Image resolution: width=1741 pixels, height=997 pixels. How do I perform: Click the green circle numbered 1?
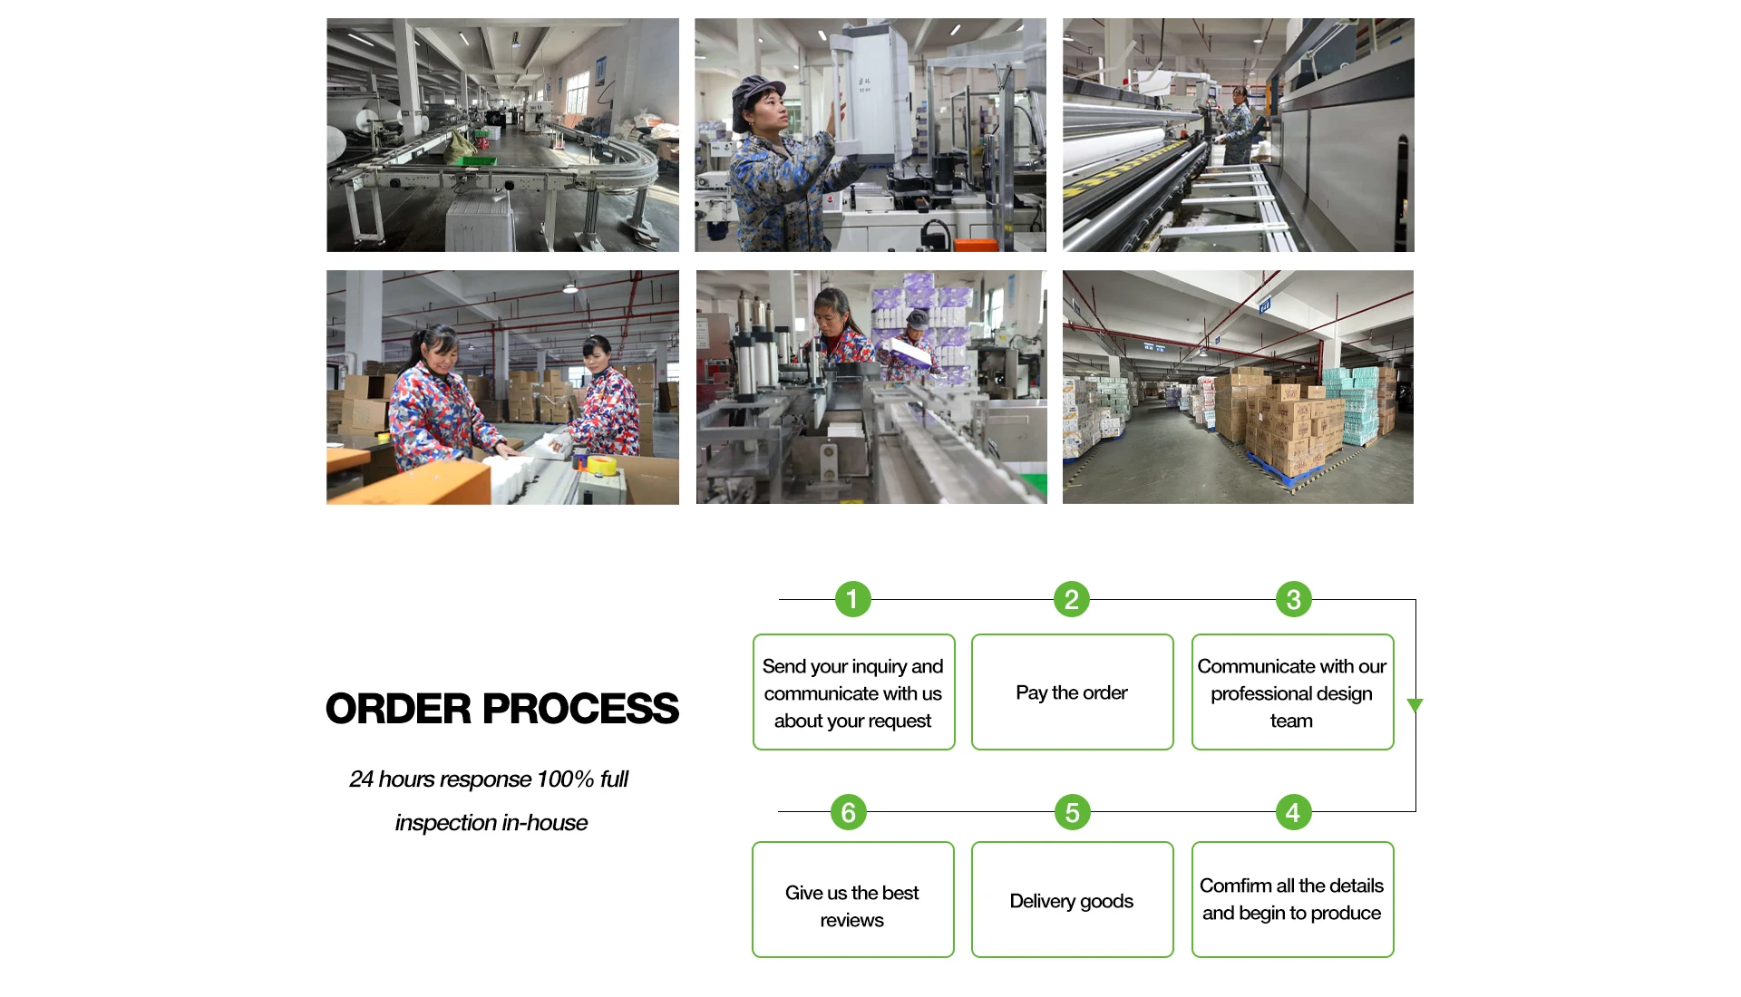[852, 599]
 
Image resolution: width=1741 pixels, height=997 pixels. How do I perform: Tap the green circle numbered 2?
[1071, 599]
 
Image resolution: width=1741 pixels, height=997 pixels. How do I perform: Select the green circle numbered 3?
[1293, 599]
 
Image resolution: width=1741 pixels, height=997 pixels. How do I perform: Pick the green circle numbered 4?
[1292, 812]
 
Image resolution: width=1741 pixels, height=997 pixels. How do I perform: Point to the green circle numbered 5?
[1072, 812]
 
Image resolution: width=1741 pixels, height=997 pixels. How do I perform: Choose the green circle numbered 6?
[849, 812]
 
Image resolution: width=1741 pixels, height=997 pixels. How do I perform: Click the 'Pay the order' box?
[1072, 692]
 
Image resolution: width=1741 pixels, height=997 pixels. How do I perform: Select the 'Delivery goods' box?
[1072, 900]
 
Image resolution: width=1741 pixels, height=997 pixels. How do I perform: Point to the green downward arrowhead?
[1415, 705]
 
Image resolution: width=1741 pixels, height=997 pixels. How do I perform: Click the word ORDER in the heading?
[398, 709]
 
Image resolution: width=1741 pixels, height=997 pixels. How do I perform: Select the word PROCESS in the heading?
[580, 709]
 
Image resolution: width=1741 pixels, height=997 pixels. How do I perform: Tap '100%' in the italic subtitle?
[564, 779]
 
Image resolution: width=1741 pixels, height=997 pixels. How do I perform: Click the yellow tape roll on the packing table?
[601, 466]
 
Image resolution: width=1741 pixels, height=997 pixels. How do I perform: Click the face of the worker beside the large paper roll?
[1238, 95]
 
